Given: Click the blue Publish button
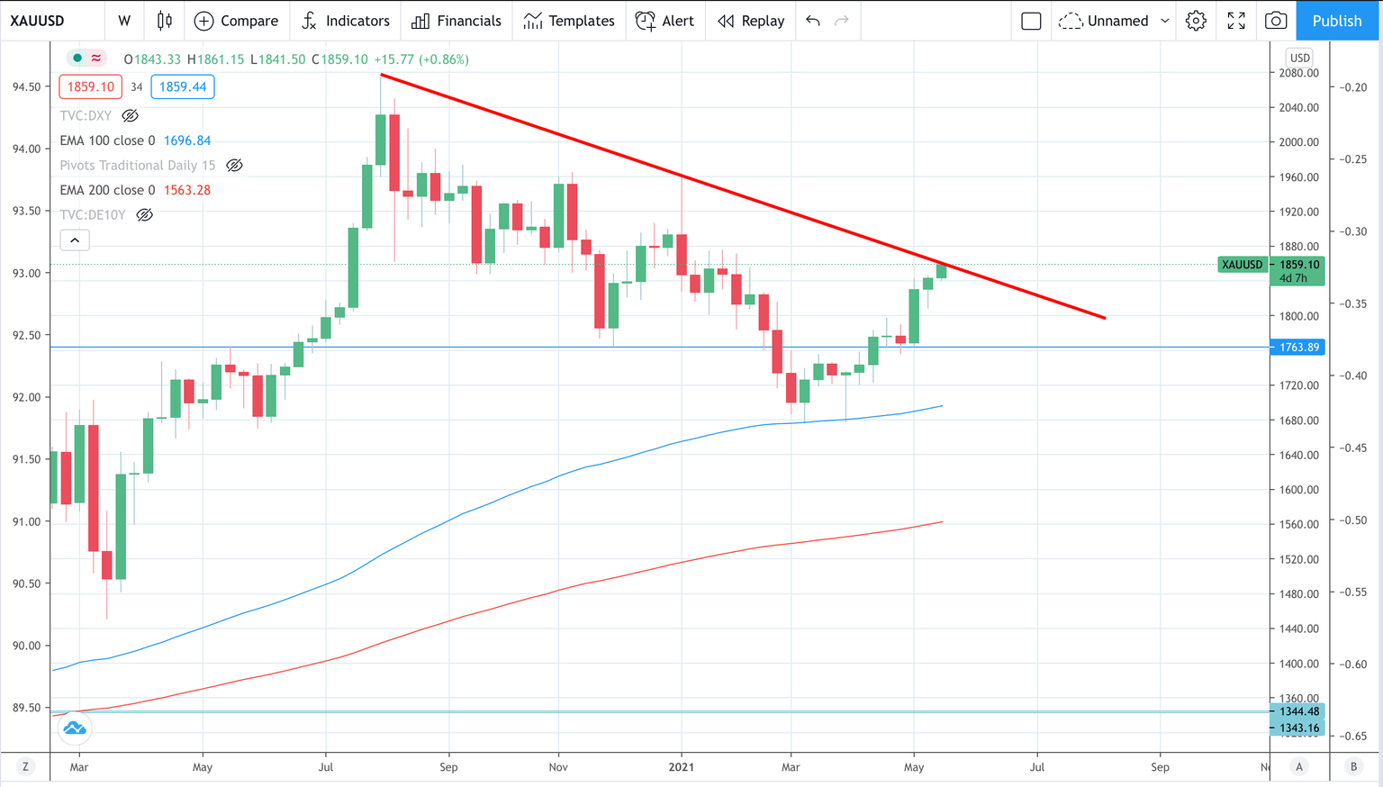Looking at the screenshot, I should coord(1336,21).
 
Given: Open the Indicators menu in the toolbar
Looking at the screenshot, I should coord(346,21).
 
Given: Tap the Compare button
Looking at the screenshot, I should coord(237,21).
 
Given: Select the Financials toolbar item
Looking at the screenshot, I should coord(456,21).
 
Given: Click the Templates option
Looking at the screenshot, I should coord(569,21).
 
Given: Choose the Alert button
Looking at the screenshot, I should coord(664,21).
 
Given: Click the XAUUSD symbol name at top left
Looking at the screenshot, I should coord(37,21).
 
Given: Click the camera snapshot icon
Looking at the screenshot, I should coord(1275,21).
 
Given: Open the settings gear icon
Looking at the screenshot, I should coord(1196,21).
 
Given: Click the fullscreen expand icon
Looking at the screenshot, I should coord(1236,21).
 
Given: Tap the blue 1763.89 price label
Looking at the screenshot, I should coord(1297,348).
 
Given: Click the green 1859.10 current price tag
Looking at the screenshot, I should coord(1297,265).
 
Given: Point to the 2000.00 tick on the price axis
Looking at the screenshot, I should coord(1298,142).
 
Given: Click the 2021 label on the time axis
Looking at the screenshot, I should coord(681,767).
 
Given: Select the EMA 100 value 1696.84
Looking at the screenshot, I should coord(187,140).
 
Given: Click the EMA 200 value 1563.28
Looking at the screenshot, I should coord(187,190).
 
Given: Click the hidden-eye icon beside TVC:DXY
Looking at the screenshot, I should coord(130,115).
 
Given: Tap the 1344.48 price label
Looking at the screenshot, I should coord(1298,711).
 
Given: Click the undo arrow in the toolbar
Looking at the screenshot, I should coord(813,21).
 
